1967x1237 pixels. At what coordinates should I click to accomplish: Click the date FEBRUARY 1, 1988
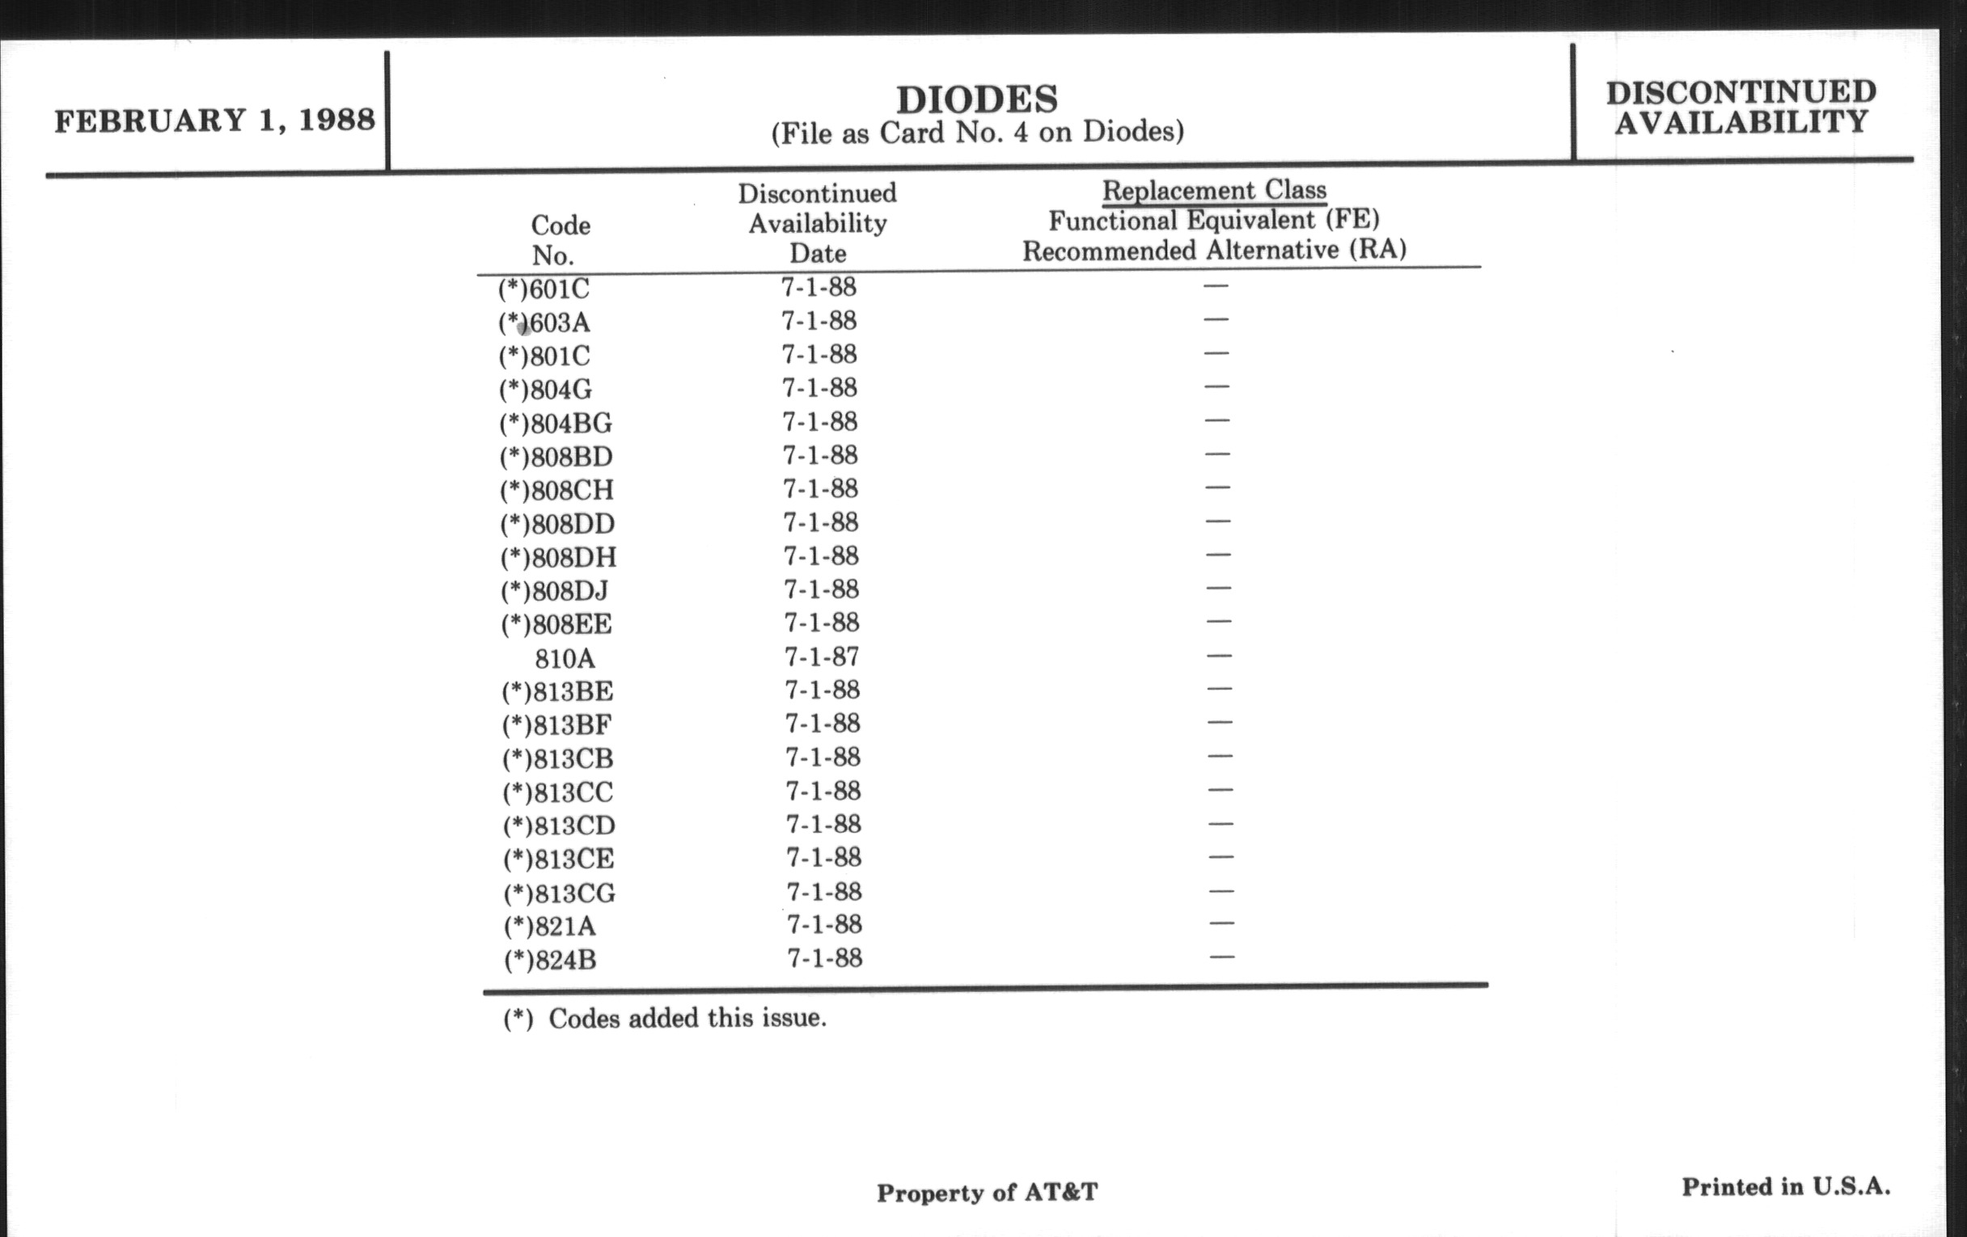click(214, 120)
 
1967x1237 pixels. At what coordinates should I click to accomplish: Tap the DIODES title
click(977, 99)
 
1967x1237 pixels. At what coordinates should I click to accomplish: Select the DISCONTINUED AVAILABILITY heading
click(1741, 107)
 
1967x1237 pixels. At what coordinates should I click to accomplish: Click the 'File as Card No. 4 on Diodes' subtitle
click(977, 133)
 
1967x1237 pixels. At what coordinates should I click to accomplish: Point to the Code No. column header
click(560, 240)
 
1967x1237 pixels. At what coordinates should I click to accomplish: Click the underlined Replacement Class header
click(1214, 191)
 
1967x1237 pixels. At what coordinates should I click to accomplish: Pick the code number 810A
click(565, 658)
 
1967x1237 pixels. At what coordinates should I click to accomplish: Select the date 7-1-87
click(821, 656)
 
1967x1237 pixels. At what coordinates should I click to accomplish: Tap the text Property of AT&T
click(987, 1193)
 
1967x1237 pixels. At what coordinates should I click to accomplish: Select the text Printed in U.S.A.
click(1785, 1186)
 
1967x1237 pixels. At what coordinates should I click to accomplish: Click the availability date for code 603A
click(819, 321)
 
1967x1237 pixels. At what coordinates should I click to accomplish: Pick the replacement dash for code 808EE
click(1218, 622)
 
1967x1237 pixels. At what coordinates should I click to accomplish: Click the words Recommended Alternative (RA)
click(1214, 250)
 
